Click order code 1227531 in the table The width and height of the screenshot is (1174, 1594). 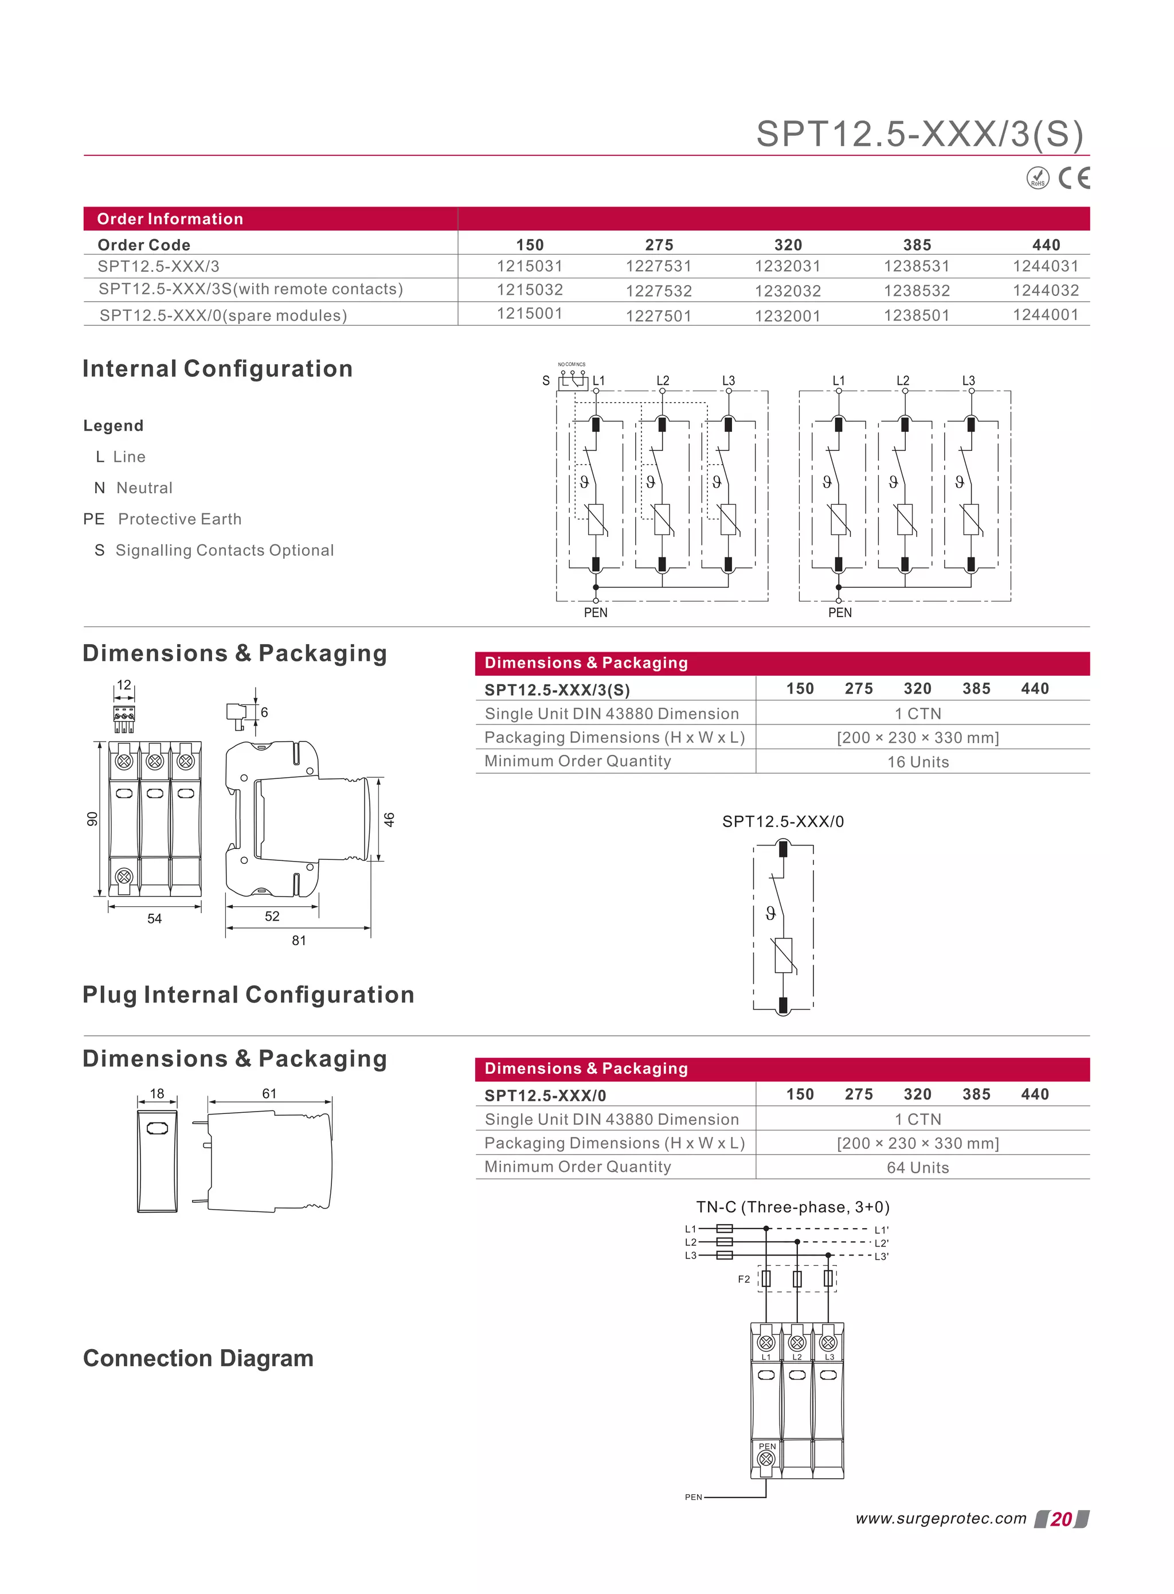(x=659, y=266)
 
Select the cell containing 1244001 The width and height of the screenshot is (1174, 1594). (x=1046, y=314)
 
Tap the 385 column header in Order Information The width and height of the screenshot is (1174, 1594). (x=917, y=244)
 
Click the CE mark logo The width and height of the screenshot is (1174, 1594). (x=1073, y=178)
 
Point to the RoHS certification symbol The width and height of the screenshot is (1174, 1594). (x=1038, y=178)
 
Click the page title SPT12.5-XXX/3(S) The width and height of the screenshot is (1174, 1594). (x=919, y=134)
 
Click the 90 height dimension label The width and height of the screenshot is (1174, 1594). (x=92, y=819)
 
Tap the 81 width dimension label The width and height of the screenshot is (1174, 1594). (x=299, y=940)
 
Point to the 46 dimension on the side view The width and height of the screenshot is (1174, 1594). (x=389, y=819)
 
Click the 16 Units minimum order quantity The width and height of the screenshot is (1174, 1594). (x=917, y=762)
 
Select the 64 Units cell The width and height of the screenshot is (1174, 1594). (x=917, y=1167)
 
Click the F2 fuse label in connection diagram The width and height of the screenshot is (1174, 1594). (x=743, y=1279)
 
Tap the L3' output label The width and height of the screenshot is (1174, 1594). (x=881, y=1256)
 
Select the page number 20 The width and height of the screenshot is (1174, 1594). (x=1061, y=1519)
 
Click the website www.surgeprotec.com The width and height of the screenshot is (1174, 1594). (x=941, y=1519)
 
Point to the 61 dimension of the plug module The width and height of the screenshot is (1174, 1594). (x=269, y=1093)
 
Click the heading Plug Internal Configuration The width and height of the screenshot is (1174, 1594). (x=249, y=995)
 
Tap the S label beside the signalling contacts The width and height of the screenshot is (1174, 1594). (x=546, y=380)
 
